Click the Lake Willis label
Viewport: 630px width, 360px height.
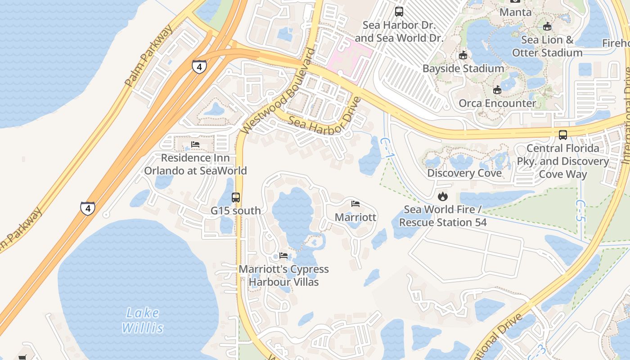pyautogui.click(x=142, y=320)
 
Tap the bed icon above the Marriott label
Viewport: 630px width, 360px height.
pyautogui.click(x=355, y=204)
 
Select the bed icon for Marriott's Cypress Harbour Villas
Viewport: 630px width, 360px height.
pyautogui.click(x=283, y=256)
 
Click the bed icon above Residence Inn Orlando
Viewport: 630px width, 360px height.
pyautogui.click(x=195, y=144)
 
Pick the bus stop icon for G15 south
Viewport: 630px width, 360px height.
pyautogui.click(x=236, y=197)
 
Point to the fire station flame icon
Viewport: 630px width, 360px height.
pyautogui.click(x=443, y=196)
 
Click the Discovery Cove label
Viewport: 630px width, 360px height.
pyautogui.click(x=464, y=173)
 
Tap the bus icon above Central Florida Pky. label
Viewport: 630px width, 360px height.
pyautogui.click(x=563, y=135)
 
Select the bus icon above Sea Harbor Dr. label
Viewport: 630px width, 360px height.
pyautogui.click(x=399, y=12)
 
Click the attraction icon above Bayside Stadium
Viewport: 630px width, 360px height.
pyautogui.click(x=463, y=55)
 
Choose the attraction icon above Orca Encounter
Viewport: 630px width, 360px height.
pyautogui.click(x=497, y=90)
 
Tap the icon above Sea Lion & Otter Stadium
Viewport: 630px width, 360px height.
pyautogui.click(x=547, y=27)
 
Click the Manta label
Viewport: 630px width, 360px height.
pyautogui.click(x=516, y=12)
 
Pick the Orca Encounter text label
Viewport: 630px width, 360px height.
pyautogui.click(x=497, y=103)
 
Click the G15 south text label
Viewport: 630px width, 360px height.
pyautogui.click(x=236, y=211)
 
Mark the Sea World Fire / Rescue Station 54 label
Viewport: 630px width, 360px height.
pyautogui.click(x=443, y=216)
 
